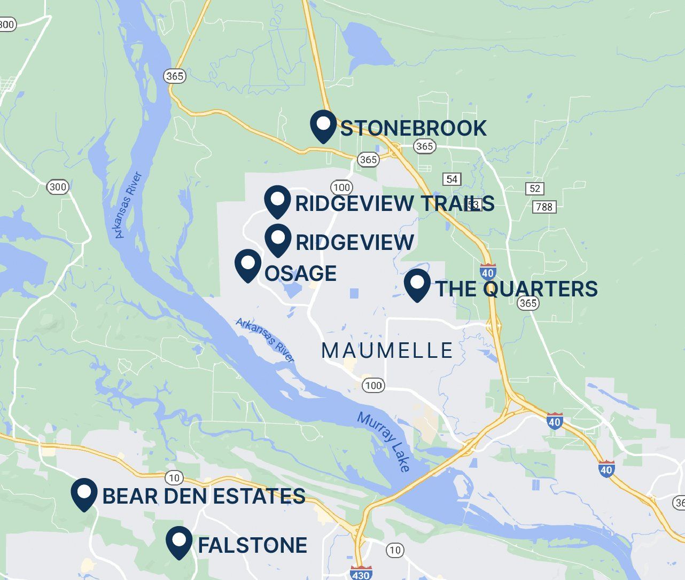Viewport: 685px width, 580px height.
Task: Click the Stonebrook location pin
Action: tap(323, 126)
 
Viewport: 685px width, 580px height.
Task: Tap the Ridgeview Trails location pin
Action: tap(277, 201)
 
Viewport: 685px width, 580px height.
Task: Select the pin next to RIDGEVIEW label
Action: tap(277, 239)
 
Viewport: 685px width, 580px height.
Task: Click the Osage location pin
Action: tap(248, 264)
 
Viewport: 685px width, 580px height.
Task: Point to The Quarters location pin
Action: tap(417, 284)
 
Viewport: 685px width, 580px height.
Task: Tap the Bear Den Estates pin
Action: tap(84, 493)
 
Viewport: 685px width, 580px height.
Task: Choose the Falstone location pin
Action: tap(179, 541)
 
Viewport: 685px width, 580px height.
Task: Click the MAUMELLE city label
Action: tap(387, 351)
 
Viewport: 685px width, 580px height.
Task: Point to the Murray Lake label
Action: tap(384, 442)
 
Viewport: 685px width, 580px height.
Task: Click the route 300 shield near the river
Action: tap(57, 187)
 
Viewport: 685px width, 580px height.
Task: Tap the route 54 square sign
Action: tap(452, 179)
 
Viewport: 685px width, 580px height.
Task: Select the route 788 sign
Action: tap(544, 207)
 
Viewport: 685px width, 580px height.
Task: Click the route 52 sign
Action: tap(535, 189)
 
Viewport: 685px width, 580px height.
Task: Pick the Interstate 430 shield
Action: tap(361, 574)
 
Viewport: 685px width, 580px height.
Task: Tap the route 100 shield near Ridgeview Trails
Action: tap(341, 187)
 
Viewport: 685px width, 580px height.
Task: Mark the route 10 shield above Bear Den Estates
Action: tap(174, 477)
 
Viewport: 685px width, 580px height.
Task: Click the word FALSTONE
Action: tap(252, 545)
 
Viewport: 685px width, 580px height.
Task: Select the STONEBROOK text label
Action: tap(413, 128)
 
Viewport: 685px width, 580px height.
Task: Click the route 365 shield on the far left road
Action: tap(174, 76)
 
